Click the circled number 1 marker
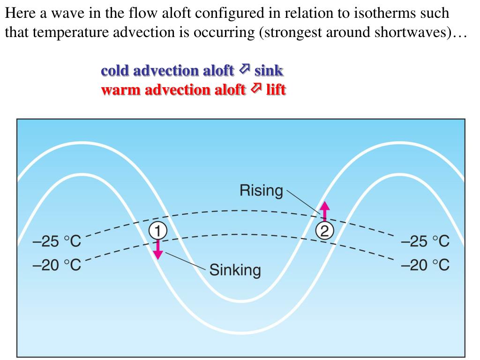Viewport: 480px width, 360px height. [x=158, y=231]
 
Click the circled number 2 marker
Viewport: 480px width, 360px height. [x=324, y=231]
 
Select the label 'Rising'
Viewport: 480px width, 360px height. [x=261, y=191]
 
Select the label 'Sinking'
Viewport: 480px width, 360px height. [x=235, y=270]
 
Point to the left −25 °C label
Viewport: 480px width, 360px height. [x=57, y=242]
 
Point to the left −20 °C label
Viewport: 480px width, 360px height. [x=57, y=265]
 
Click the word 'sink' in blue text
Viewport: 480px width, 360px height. [x=269, y=71]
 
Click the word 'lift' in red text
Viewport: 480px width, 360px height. [x=276, y=89]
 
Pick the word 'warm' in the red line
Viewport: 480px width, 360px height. [x=117, y=89]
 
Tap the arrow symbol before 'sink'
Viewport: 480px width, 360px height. [x=244, y=70]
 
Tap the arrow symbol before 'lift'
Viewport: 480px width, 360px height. [x=256, y=88]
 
